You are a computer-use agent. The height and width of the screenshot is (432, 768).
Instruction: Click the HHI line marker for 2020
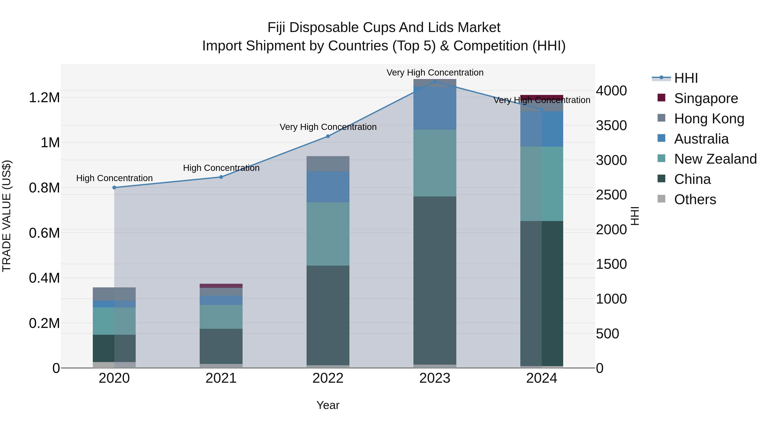click(x=114, y=188)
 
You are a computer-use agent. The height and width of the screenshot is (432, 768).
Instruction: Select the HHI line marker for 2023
click(x=435, y=81)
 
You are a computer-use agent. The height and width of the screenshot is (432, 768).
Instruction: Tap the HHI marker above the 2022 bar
click(x=328, y=136)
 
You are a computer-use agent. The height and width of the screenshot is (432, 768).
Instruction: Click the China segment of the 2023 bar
click(x=435, y=280)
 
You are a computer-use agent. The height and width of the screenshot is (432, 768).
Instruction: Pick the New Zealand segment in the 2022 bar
click(x=328, y=234)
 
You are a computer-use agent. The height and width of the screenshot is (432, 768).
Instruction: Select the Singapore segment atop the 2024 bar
click(x=542, y=97)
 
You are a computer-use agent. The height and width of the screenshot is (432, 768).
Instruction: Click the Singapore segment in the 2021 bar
click(x=221, y=286)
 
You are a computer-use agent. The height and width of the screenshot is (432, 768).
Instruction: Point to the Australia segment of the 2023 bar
click(x=435, y=108)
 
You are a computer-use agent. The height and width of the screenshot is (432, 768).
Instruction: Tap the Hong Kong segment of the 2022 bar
click(x=328, y=164)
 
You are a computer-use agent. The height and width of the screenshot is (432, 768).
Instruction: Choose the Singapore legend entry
click(x=706, y=98)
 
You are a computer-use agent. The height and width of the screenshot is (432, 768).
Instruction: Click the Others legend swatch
click(x=661, y=199)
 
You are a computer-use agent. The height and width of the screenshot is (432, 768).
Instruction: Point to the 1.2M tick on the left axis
click(x=44, y=97)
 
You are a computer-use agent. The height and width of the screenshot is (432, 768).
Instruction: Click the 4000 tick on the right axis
click(x=611, y=91)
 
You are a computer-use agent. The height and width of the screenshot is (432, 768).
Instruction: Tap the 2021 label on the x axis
click(x=221, y=378)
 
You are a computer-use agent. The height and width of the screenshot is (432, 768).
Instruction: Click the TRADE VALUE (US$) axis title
click(x=7, y=216)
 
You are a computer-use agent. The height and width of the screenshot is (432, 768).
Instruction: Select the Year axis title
click(x=328, y=405)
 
